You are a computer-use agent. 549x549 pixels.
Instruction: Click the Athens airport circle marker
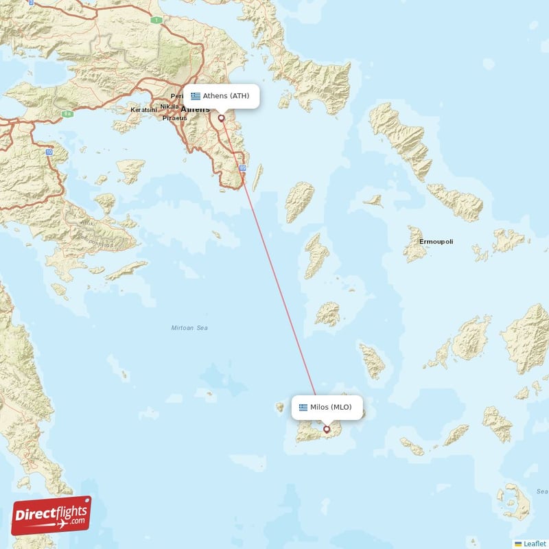click(x=221, y=118)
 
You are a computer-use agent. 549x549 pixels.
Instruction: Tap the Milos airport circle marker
click(x=327, y=430)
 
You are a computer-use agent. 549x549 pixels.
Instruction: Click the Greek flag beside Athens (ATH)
click(x=196, y=96)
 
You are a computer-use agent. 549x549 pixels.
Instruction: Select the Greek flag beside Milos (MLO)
click(x=303, y=408)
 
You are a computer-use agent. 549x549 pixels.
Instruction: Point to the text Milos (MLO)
click(x=331, y=408)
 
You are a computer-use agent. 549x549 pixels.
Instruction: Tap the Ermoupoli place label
click(x=436, y=242)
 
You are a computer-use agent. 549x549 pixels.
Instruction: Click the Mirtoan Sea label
click(x=189, y=328)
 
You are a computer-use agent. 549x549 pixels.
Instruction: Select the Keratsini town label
click(x=143, y=110)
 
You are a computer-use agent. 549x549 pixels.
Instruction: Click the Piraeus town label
click(x=174, y=118)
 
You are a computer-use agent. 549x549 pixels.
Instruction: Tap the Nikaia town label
click(x=168, y=107)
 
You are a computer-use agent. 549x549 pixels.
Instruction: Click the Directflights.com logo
click(x=51, y=515)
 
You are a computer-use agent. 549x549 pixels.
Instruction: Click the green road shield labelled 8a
click(x=67, y=114)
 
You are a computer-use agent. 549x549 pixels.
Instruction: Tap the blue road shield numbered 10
click(x=49, y=151)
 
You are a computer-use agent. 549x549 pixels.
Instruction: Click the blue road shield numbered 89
click(x=242, y=168)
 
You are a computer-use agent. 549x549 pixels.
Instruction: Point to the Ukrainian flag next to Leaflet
click(x=518, y=544)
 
